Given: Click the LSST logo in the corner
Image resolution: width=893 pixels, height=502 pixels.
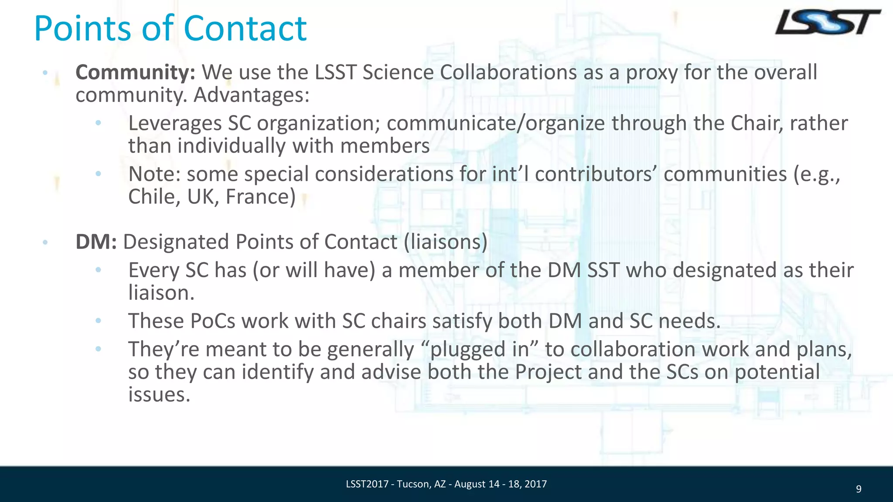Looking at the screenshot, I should tap(827, 23).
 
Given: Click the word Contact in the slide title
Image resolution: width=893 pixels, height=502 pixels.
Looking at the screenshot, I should tap(245, 28).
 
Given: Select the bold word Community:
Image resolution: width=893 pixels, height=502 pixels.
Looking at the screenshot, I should tap(135, 72).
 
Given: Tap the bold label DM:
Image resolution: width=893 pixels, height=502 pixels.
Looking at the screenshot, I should tap(96, 242).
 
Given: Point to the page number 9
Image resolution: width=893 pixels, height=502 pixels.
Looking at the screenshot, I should tap(859, 489).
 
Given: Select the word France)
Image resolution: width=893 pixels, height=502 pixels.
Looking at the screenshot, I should tap(260, 197).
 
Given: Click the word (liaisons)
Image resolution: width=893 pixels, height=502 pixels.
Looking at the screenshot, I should tap(445, 242).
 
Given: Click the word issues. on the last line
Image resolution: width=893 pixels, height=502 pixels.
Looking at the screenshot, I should tap(159, 394).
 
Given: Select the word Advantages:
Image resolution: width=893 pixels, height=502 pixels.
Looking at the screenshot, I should tap(251, 95).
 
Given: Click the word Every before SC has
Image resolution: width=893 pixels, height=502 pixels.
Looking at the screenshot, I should tap(153, 270).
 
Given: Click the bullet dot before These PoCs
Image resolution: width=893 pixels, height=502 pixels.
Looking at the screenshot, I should tap(98, 321).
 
